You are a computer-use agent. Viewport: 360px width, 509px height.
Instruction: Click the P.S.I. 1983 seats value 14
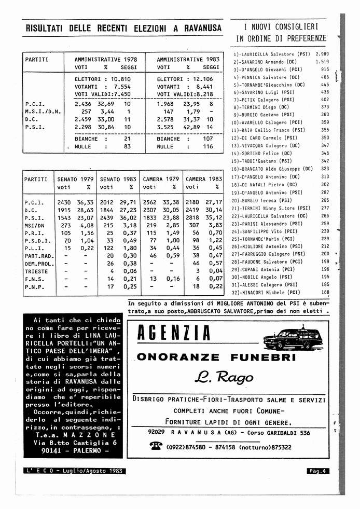[x=210, y=127]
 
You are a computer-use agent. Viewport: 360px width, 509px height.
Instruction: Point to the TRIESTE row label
[x=36, y=271]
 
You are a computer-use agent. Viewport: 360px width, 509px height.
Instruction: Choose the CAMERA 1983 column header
[x=203, y=178]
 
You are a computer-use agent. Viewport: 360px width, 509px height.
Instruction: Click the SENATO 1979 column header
[x=75, y=178]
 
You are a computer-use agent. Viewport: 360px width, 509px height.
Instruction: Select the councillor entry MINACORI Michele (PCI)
[x=267, y=293]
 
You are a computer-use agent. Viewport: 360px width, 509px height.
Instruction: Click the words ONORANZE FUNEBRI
[x=217, y=357]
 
